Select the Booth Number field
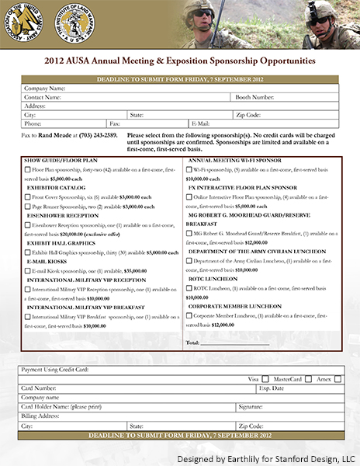[303, 98]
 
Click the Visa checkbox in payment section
[263, 378]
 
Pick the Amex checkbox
[334, 378]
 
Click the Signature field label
[250, 406]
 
